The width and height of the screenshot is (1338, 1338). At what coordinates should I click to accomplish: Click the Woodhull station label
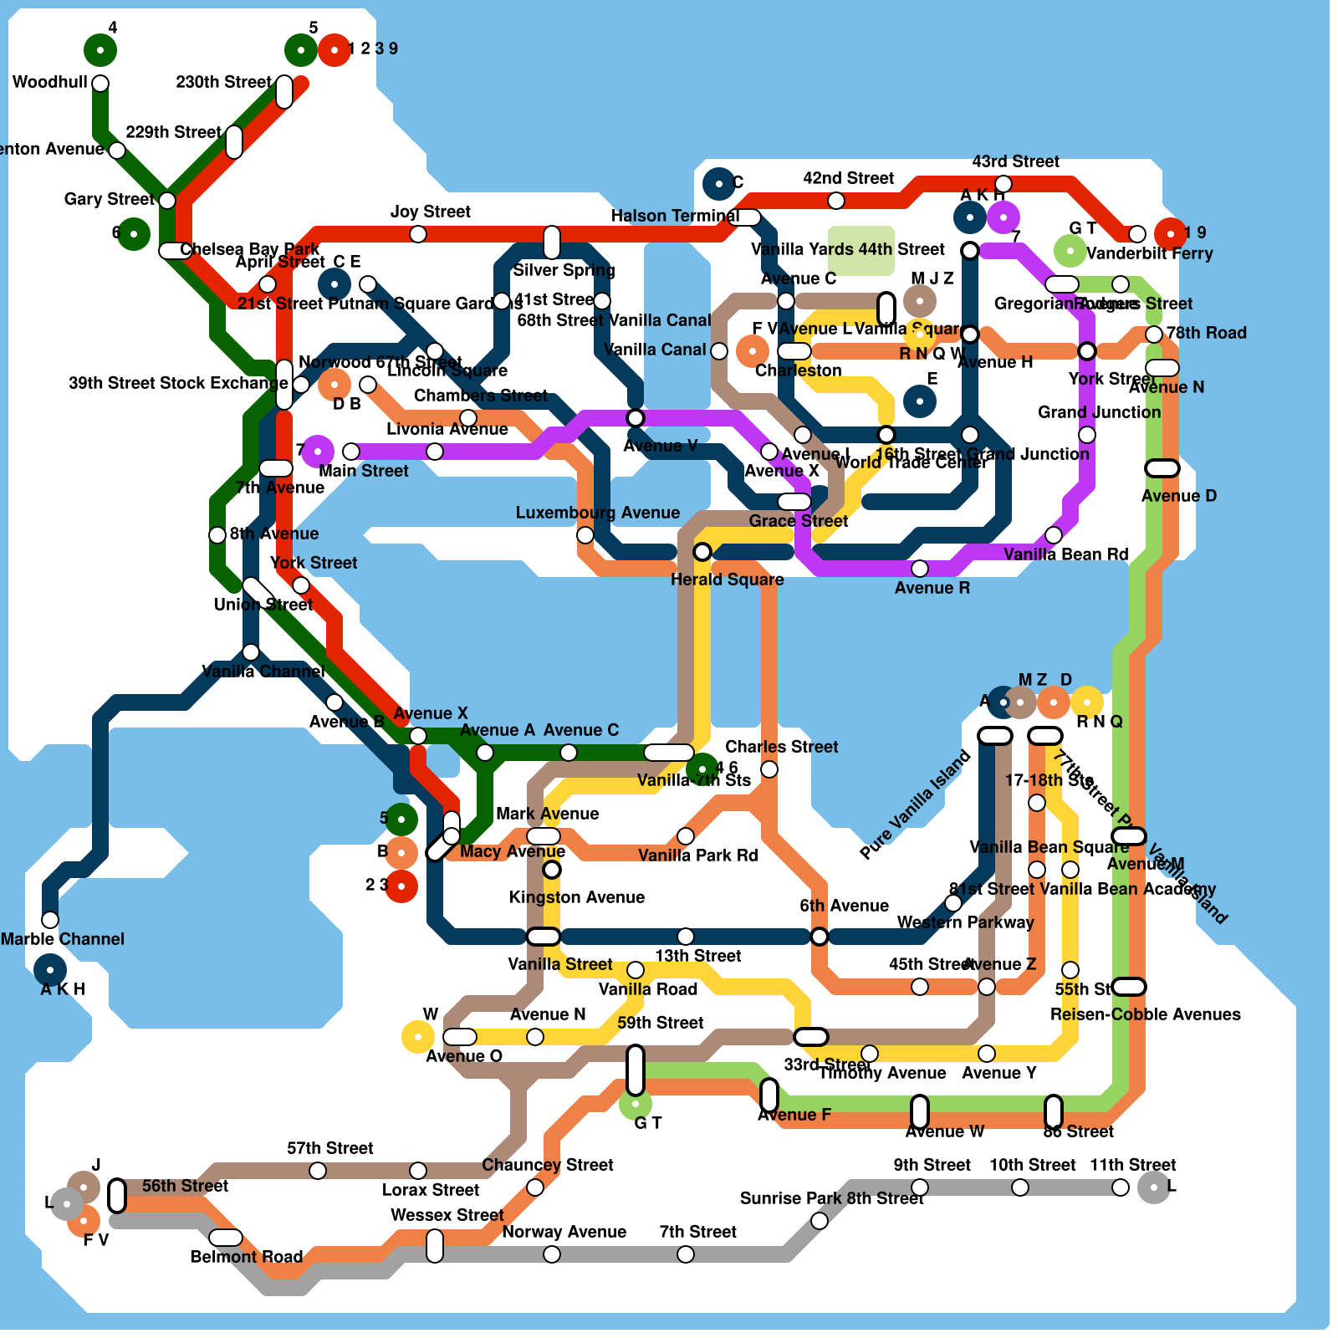point(50,82)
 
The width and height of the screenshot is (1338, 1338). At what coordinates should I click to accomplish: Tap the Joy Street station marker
point(418,234)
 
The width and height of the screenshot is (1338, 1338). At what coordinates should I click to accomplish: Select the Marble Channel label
point(63,939)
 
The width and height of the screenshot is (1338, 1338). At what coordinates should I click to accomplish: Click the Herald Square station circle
point(702,552)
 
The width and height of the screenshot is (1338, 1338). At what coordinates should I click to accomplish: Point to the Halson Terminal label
point(675,216)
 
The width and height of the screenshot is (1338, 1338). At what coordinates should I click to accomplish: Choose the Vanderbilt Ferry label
point(1149,253)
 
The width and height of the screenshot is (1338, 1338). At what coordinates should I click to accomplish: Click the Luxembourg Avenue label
point(597,513)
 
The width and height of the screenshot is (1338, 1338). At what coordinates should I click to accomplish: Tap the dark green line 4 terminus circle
point(100,50)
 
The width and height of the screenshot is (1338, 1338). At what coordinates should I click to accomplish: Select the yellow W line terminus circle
point(417,1037)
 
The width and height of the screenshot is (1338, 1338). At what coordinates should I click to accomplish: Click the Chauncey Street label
point(548,1165)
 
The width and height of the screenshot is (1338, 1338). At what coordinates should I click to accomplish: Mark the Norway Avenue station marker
point(552,1254)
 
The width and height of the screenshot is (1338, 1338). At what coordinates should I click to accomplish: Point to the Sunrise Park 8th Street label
point(831,1198)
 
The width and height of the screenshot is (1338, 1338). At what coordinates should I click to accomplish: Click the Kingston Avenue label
point(577,897)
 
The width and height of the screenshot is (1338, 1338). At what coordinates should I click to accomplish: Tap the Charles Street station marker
point(769,769)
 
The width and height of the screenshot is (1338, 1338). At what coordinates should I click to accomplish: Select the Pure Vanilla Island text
point(916,804)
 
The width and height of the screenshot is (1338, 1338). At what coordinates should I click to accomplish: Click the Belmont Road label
point(246,1257)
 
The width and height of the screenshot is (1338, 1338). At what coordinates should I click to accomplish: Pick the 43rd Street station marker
point(1004,184)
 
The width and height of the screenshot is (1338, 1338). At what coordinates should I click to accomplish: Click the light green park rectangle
point(861,251)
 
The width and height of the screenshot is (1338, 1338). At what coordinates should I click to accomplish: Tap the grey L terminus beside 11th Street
point(1154,1187)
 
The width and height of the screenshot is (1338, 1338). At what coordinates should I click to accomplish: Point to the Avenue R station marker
point(920,569)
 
